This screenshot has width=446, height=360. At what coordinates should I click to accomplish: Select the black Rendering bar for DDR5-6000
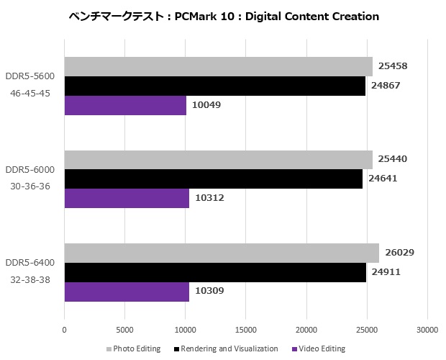click(213, 179)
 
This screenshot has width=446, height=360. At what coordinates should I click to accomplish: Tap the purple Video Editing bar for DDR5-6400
click(127, 291)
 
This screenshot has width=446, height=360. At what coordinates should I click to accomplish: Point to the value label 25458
click(393, 66)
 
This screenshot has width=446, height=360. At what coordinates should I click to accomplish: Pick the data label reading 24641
click(383, 179)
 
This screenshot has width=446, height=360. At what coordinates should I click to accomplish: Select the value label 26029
click(399, 253)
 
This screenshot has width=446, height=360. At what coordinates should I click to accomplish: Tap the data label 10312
click(210, 198)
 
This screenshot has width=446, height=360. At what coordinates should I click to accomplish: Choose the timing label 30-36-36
click(30, 186)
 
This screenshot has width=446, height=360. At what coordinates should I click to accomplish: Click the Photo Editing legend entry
click(137, 348)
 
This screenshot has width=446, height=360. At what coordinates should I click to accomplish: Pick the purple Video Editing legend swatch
click(295, 349)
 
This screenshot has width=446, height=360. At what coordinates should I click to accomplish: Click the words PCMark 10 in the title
click(204, 16)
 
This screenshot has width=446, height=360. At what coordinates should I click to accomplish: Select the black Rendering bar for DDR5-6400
click(215, 272)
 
